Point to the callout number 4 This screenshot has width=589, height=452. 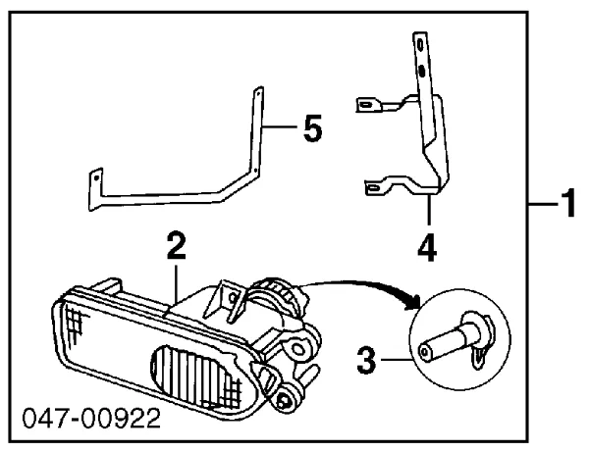click(x=427, y=246)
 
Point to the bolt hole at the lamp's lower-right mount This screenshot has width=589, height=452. click(x=290, y=395)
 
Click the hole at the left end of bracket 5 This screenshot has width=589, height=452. click(x=96, y=177)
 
